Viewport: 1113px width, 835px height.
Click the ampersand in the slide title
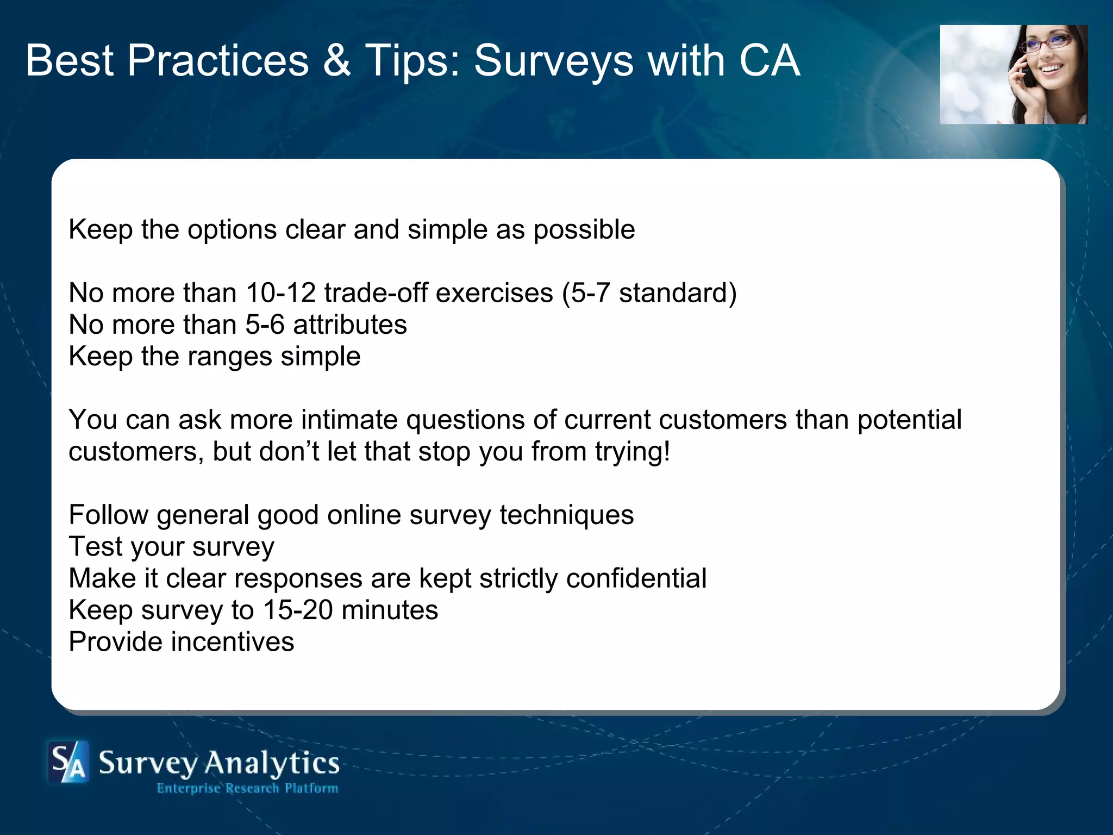(x=336, y=60)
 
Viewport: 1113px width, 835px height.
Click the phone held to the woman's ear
(x=1024, y=68)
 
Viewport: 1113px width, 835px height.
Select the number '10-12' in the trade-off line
(x=280, y=293)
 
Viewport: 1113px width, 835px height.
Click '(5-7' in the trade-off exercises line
(x=586, y=293)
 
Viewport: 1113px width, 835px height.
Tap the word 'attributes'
(x=349, y=325)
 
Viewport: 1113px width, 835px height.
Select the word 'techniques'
(x=566, y=515)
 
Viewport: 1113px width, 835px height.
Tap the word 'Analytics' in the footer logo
(x=272, y=763)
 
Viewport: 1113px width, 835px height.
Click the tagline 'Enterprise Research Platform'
(x=247, y=788)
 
